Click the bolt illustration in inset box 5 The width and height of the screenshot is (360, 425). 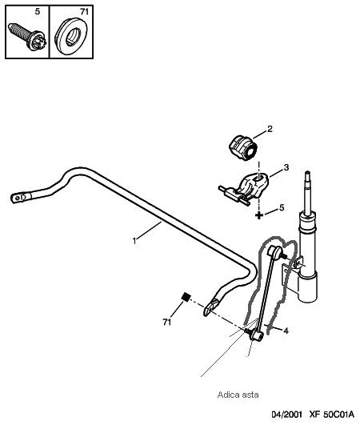pos(27,37)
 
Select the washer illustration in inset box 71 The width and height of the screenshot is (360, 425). pos(70,37)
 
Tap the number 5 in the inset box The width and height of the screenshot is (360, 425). pos(38,12)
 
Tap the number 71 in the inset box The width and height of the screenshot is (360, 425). pos(84,12)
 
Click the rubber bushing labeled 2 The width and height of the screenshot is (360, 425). pos(242,147)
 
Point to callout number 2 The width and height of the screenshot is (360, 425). pos(270,129)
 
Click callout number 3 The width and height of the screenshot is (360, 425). pos(286,167)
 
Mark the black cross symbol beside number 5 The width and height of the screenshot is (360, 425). pos(259,215)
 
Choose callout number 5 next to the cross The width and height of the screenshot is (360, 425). pos(282,207)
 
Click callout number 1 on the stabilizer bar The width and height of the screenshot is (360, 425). pos(134,240)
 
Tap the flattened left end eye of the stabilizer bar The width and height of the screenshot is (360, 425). pos(19,198)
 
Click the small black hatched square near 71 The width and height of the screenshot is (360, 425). pos(186,297)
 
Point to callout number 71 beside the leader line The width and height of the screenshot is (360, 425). pos(167,322)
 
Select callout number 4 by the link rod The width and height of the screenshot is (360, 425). pos(286,331)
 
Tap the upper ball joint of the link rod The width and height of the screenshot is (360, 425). pos(276,251)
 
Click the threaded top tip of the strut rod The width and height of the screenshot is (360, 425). pos(307,174)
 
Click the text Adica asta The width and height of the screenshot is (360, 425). pos(238,395)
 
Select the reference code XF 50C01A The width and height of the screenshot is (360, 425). pos(331,415)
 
